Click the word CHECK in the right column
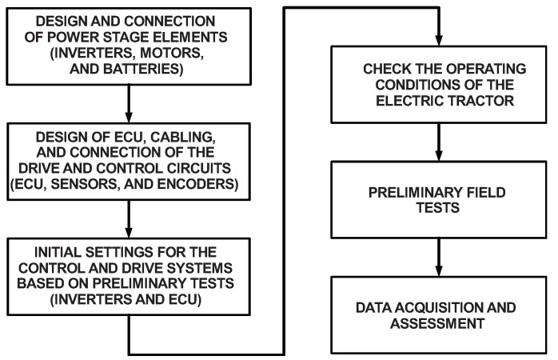pyautogui.click(x=375, y=69)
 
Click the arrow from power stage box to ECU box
pyautogui.click(x=128, y=103)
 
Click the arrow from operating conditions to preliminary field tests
pyautogui.click(x=436, y=141)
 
